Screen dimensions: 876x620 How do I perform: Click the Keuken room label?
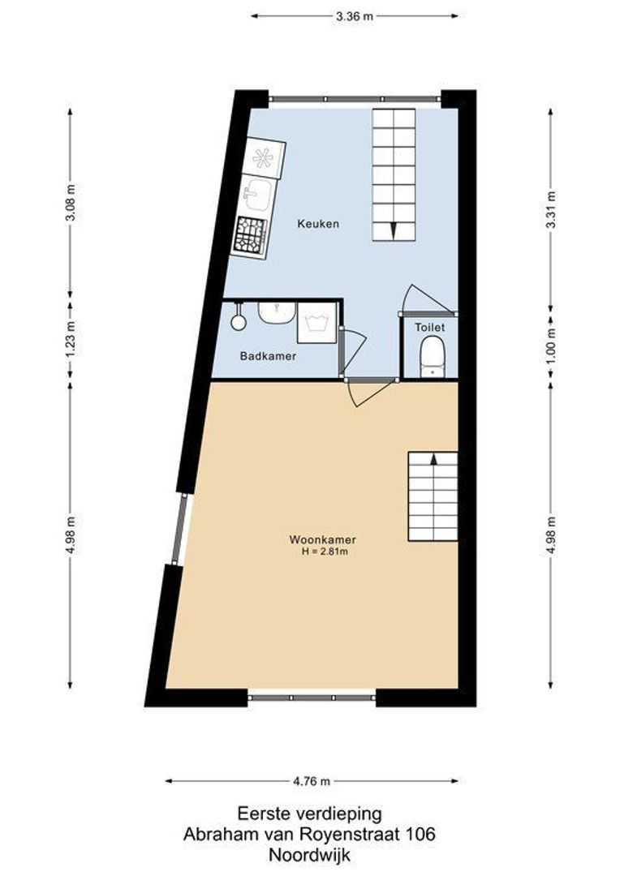pos(317,224)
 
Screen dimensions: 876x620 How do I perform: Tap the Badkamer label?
pos(268,356)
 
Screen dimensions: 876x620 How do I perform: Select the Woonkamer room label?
pos(322,539)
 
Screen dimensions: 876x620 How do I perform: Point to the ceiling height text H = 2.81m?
pos(325,552)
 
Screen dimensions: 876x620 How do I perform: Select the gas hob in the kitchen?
pos(251,236)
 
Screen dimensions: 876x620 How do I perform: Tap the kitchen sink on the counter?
pos(259,194)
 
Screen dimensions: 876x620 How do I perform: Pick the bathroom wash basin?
pos(277,312)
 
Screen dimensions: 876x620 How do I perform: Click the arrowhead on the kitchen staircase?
pos(394,230)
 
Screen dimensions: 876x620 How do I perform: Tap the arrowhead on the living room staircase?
pos(433,459)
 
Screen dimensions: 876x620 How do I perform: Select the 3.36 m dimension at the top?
pos(354,15)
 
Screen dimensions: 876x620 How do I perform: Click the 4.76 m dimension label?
pos(312,782)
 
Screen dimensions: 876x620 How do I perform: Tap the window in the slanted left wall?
pos(179,529)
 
